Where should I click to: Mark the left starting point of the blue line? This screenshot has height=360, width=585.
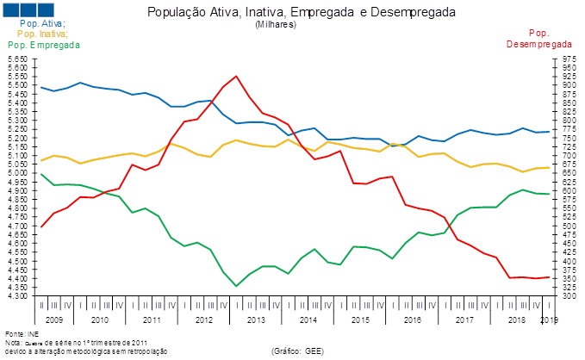click(x=41, y=86)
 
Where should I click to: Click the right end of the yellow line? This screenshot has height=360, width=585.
click(x=549, y=168)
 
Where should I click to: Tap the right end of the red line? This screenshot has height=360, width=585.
click(x=549, y=277)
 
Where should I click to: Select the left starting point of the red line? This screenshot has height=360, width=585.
click(x=41, y=228)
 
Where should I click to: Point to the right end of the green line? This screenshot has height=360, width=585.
click(x=549, y=195)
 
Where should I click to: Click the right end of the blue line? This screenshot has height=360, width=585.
click(x=549, y=132)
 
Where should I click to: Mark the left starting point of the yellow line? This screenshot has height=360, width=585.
click(x=41, y=161)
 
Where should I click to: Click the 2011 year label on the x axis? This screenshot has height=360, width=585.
click(x=152, y=320)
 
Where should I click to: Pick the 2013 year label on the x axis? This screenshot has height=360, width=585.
click(x=256, y=320)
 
